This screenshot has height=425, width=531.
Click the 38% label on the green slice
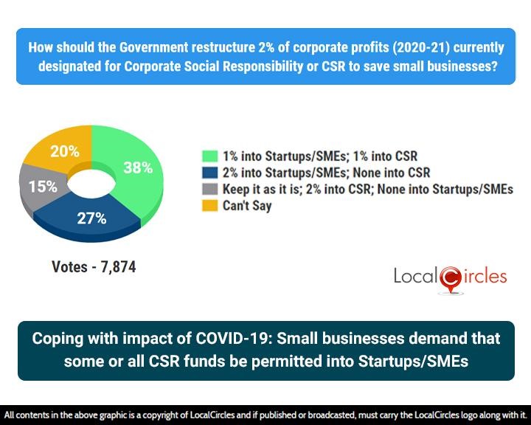click(137, 167)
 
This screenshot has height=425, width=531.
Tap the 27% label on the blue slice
click(91, 218)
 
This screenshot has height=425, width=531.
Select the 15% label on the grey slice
click(42, 187)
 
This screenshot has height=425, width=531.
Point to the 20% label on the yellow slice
click(64, 151)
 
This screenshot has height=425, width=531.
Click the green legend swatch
click(210, 156)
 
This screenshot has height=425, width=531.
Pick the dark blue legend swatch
click(210, 173)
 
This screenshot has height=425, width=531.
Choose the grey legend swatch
click(210, 190)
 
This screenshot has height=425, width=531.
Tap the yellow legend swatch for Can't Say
click(210, 206)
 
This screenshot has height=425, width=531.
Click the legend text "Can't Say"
click(247, 206)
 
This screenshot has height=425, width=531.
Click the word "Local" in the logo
click(416, 277)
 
